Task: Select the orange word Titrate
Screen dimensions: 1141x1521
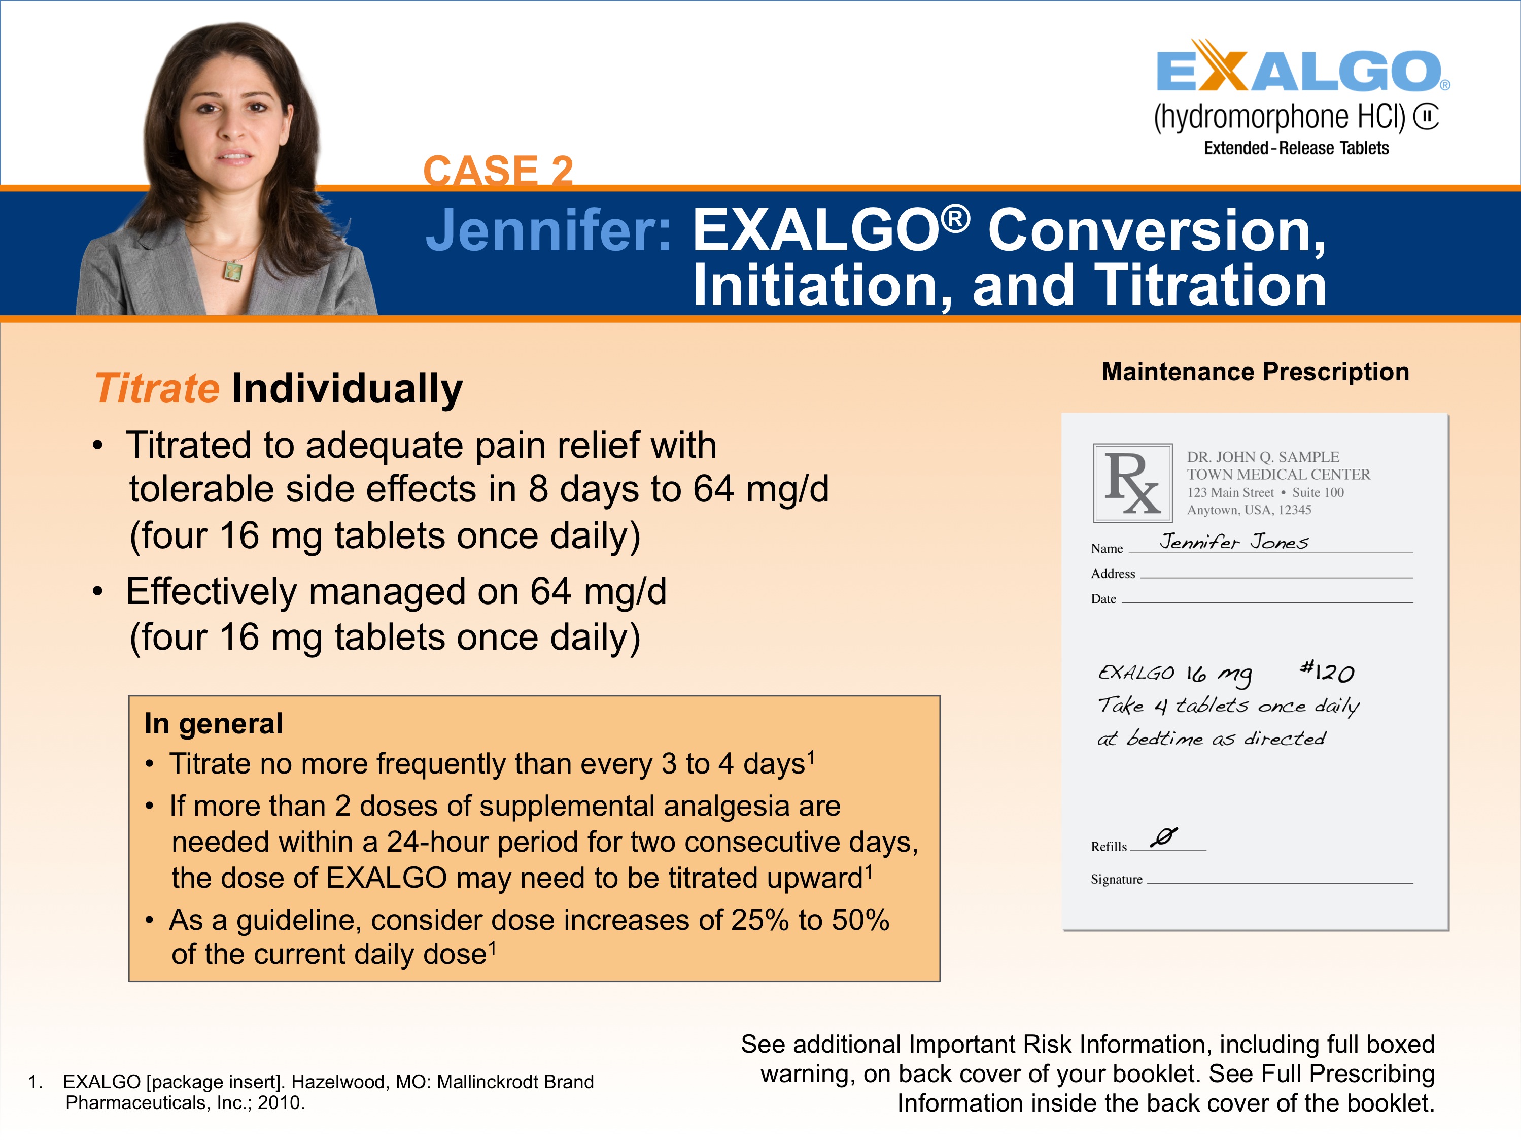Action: coord(157,389)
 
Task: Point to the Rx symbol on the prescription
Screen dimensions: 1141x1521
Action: coord(1132,483)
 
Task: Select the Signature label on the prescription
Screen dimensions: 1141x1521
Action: coord(1116,880)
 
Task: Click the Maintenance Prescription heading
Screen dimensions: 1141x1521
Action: coord(1255,372)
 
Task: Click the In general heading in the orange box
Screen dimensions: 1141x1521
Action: coord(213,723)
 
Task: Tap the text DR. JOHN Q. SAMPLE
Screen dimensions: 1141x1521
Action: coord(1262,457)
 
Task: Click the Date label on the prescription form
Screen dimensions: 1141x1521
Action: coord(1103,599)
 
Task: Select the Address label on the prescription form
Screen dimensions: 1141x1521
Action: coord(1113,574)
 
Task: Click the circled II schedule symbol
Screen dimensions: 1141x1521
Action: coord(1426,116)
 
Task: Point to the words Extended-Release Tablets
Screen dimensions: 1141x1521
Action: coord(1295,149)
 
